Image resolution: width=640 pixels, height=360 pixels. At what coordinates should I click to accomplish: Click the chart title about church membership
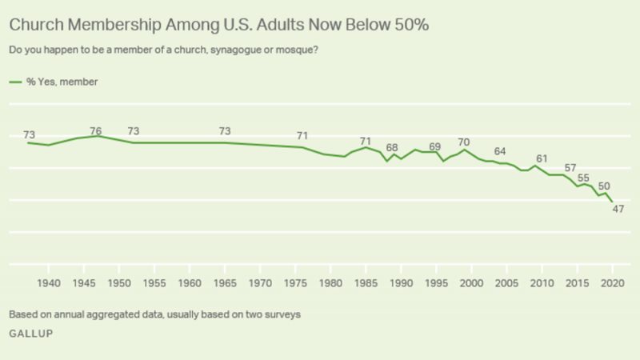point(219,25)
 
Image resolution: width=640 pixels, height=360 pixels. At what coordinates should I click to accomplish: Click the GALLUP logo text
point(31,334)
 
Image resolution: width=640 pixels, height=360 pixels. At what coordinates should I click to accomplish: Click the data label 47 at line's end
point(618,210)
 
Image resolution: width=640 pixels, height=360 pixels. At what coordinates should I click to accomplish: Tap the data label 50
point(604,186)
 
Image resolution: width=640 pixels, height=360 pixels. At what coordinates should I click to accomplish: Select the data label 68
point(392,148)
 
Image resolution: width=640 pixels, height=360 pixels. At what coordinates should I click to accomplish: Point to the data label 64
point(500,151)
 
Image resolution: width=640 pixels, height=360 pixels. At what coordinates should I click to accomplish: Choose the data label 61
point(542,158)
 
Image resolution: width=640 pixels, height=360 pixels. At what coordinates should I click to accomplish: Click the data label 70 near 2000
point(463,142)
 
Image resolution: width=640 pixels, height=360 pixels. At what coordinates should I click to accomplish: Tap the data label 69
point(434,146)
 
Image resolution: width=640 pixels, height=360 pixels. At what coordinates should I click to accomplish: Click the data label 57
point(570,168)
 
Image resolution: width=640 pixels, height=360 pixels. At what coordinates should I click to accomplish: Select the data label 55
point(584,178)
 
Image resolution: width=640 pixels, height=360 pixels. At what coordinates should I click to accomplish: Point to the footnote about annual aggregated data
point(154,314)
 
